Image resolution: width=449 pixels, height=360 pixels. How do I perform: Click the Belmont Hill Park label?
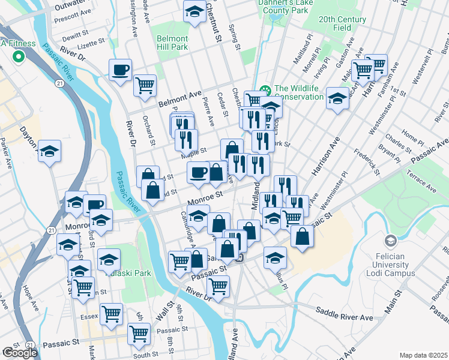point(172,42)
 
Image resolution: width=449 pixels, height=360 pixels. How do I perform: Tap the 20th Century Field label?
point(343,23)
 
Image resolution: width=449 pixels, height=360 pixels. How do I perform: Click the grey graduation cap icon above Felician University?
point(391,241)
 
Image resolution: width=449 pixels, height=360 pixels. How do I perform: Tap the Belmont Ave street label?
point(179,99)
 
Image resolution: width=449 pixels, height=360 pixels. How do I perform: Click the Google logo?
point(19,353)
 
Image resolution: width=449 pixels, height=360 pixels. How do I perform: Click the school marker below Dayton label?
point(50,151)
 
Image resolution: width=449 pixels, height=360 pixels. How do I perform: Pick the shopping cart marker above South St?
point(139,334)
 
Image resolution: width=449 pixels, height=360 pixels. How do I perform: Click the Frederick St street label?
point(366,162)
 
